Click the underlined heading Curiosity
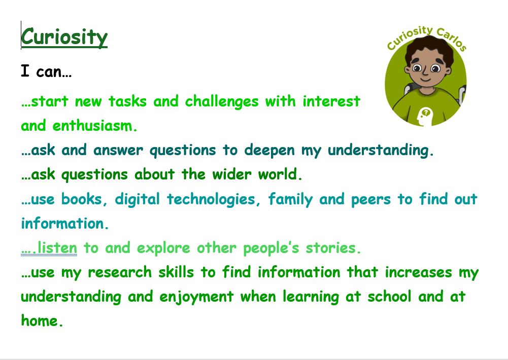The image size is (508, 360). pyautogui.click(x=64, y=38)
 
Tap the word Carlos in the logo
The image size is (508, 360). pyautogui.click(x=452, y=40)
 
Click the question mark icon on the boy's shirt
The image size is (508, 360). pyautogui.click(x=426, y=113)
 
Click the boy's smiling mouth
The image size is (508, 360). pyautogui.click(x=426, y=79)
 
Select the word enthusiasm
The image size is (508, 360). pyautogui.click(x=94, y=126)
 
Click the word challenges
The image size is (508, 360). pyautogui.click(x=222, y=101)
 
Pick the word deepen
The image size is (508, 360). pyautogui.click(x=269, y=151)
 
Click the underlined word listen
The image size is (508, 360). pyautogui.click(x=57, y=248)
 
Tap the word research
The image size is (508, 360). pyautogui.click(x=120, y=272)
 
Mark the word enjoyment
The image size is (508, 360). pyautogui.click(x=196, y=297)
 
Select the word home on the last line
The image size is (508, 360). pyautogui.click(x=42, y=321)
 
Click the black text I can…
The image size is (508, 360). pyautogui.click(x=46, y=71)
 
